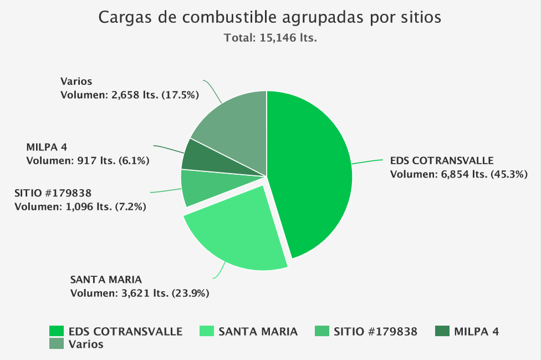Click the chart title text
pos(270,18)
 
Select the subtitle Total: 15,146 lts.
pos(270,38)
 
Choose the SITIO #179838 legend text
pos(376,332)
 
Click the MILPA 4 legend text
pos(476,332)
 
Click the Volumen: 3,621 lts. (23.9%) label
pos(139,292)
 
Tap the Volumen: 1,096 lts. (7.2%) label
pos(80,206)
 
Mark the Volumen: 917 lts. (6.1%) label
pos(88,160)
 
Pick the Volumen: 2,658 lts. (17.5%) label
pos(129,95)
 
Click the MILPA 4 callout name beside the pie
pos(47,147)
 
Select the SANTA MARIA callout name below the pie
pos(106,279)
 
